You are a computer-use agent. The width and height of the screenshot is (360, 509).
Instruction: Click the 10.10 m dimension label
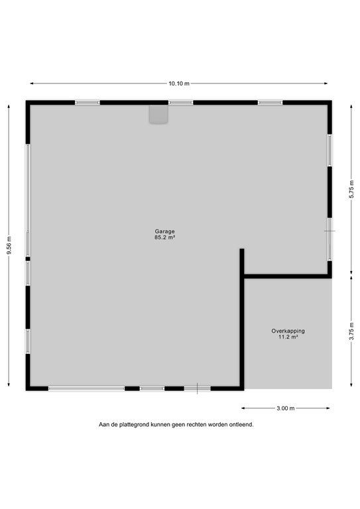[x=179, y=84]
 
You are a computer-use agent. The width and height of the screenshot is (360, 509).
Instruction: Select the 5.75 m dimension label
[x=351, y=189]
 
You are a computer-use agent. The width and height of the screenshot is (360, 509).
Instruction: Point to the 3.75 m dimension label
[x=351, y=331]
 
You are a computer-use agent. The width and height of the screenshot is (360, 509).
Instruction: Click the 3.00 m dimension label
[x=286, y=408]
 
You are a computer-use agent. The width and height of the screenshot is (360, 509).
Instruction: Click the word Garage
[x=164, y=231]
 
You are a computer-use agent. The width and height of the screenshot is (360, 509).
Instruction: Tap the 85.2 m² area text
[x=165, y=237]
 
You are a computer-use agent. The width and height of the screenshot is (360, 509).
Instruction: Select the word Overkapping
[x=288, y=331]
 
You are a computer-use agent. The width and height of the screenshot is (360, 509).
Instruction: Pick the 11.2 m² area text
[x=288, y=337]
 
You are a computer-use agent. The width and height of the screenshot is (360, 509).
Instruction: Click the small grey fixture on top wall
[x=158, y=114]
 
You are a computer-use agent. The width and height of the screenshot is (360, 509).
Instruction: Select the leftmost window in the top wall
[x=88, y=103]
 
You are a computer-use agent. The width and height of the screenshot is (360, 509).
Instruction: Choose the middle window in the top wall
[x=181, y=103]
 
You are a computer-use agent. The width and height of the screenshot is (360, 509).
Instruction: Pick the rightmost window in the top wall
[x=270, y=103]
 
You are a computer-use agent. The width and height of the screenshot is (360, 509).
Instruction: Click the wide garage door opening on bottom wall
[x=86, y=388]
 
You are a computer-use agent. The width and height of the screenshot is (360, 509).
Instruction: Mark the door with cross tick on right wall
[x=330, y=239]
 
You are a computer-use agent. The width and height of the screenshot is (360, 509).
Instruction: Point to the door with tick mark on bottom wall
[x=198, y=388]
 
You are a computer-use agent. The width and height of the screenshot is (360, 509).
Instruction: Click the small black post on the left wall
[x=28, y=258]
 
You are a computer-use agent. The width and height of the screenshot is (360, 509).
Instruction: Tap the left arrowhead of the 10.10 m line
[x=31, y=84]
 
